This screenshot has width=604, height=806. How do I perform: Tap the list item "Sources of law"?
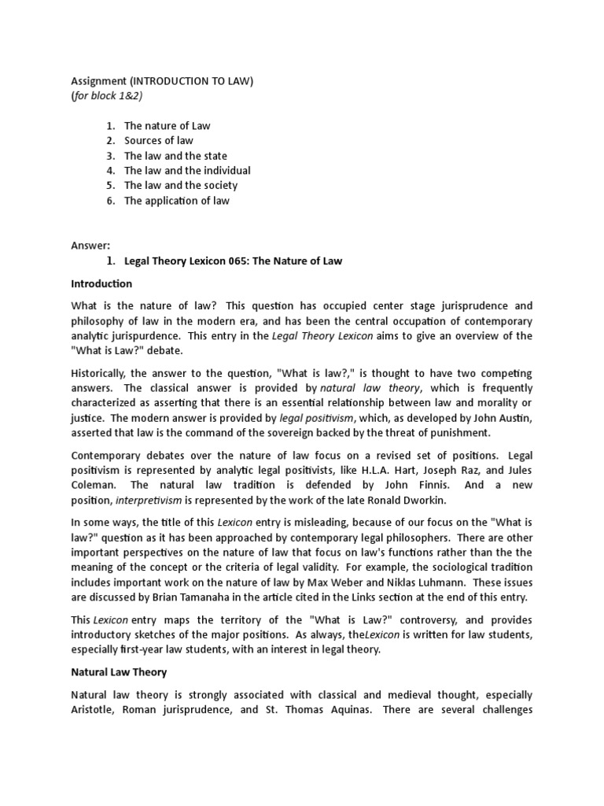click(158, 141)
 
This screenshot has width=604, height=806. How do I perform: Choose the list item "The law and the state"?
click(175, 156)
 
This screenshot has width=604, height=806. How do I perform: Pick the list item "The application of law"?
click(176, 201)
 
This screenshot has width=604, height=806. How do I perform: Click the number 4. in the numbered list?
click(110, 171)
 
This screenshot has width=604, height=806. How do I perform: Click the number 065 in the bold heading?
click(232, 261)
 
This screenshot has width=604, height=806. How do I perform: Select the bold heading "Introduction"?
click(101, 283)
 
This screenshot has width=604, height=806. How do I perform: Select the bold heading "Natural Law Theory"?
click(118, 673)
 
